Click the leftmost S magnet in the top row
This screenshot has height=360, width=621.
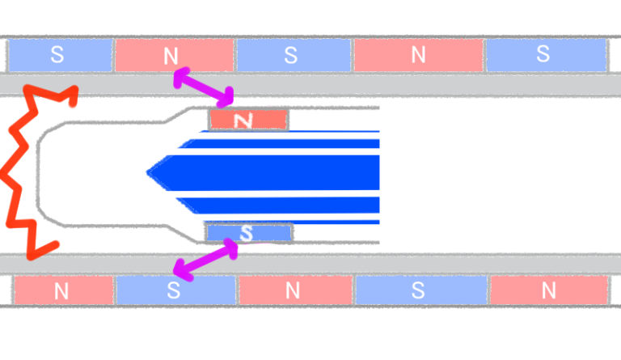coord(59,55)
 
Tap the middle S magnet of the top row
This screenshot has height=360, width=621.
coord(293,55)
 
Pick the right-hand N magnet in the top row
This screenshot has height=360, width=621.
coord(418,55)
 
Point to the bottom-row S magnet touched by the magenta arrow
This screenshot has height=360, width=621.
coord(175,290)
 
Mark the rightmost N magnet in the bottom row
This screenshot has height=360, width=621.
coord(548,290)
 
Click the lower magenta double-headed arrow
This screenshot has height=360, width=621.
coord(205,260)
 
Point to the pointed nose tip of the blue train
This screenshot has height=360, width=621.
coord(150,172)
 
